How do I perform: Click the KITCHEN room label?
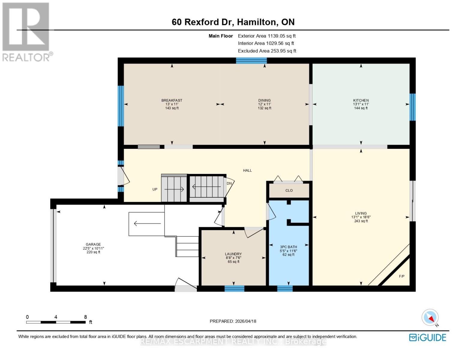(x=361, y=100)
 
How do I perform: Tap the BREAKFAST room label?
(x=172, y=100)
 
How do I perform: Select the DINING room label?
(x=264, y=100)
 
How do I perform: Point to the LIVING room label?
(x=361, y=213)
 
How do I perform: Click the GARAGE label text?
(x=93, y=244)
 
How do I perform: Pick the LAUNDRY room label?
(x=233, y=254)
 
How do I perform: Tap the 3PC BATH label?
(x=288, y=247)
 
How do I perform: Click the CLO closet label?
(x=289, y=190)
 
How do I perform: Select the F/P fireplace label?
(x=401, y=276)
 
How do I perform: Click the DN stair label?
(x=229, y=184)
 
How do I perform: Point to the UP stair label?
(x=155, y=189)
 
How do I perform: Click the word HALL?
(x=247, y=170)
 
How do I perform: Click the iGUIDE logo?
(x=427, y=337)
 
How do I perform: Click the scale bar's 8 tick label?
(x=85, y=317)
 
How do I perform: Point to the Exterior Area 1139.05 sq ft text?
(x=267, y=36)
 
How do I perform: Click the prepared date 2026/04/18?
(x=245, y=321)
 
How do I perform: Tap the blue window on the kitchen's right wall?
(x=413, y=107)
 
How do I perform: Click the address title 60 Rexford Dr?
(x=203, y=22)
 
